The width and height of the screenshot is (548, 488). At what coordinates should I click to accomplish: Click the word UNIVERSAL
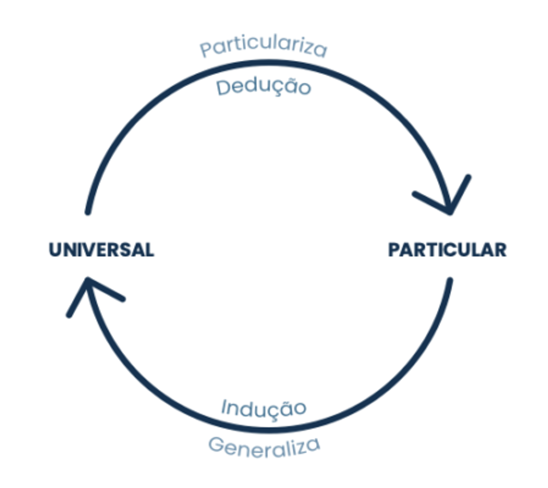(x=101, y=250)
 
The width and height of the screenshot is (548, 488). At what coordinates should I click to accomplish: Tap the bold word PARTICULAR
(x=447, y=250)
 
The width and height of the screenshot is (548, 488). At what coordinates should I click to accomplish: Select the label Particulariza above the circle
(x=263, y=47)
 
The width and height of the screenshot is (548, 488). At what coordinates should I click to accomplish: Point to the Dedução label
(x=263, y=87)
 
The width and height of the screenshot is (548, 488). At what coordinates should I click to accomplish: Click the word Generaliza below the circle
(x=264, y=447)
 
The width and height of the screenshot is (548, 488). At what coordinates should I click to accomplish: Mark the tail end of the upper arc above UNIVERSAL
(x=88, y=212)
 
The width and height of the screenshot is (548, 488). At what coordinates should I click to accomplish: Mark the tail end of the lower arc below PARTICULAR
(x=450, y=279)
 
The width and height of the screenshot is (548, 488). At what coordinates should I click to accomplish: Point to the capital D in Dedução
(x=223, y=87)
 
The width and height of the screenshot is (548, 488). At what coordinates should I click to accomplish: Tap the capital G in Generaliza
(x=216, y=444)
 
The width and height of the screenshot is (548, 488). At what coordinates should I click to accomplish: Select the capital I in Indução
(x=224, y=406)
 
